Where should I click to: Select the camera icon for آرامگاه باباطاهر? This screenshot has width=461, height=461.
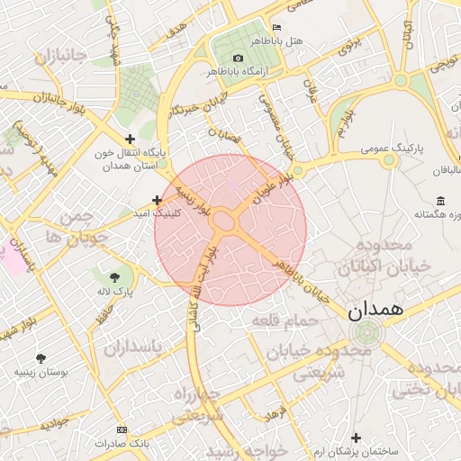coord(238,59)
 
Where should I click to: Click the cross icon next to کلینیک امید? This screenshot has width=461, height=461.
coord(157,200)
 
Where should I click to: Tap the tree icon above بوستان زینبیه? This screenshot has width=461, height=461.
coord(41,357)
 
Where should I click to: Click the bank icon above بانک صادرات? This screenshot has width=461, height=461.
coord(122,429)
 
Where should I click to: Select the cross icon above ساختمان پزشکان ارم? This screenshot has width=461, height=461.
coord(357,437)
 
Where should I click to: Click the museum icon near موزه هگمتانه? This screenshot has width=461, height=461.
coord(439,200)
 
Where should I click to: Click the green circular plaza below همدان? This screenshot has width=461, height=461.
coord(365,333)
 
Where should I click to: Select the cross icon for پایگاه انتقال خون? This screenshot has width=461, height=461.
coord(131,139)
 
